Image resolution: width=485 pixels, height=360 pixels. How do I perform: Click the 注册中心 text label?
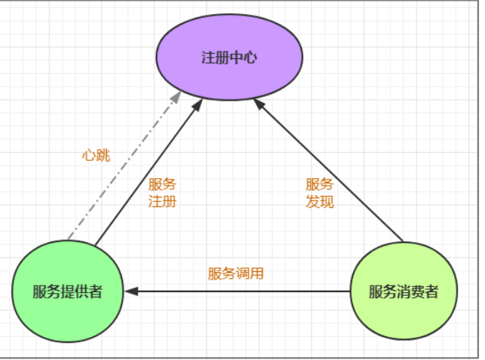[229, 57]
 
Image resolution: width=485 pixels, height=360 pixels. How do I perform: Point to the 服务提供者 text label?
[67, 291]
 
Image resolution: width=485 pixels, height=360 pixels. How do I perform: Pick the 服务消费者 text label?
[403, 291]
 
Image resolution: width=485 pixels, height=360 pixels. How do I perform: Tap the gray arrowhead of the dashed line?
[177, 97]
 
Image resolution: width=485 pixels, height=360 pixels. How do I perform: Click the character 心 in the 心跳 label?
[89, 156]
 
